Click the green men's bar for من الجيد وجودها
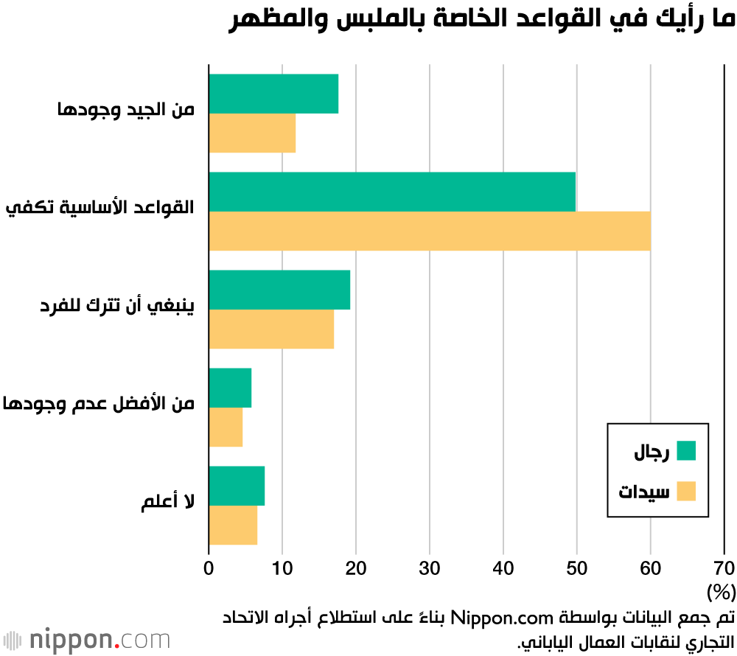(x=273, y=94)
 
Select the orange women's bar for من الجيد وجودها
(x=252, y=133)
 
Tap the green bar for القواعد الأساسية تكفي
(x=392, y=192)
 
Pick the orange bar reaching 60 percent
(x=429, y=231)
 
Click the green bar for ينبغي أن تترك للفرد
(x=279, y=290)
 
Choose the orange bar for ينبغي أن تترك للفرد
(x=271, y=329)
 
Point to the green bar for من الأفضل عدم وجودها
(x=230, y=388)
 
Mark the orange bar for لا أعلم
(x=233, y=525)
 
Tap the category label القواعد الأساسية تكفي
(x=100, y=209)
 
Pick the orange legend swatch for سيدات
(x=686, y=491)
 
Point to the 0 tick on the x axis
(x=209, y=568)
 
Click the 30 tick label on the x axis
(x=429, y=568)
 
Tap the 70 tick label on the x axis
(x=724, y=568)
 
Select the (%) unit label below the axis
(x=721, y=592)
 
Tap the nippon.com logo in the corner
(x=86, y=638)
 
